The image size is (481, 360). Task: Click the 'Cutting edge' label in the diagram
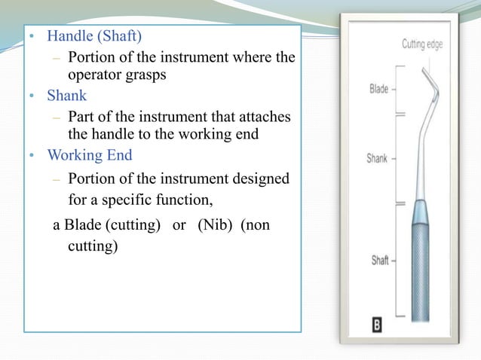(422, 44)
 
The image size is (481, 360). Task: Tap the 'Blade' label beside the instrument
(378, 89)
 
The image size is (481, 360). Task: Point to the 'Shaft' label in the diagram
(379, 261)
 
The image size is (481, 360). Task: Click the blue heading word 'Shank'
(67, 96)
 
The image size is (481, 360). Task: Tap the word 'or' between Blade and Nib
(179, 227)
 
